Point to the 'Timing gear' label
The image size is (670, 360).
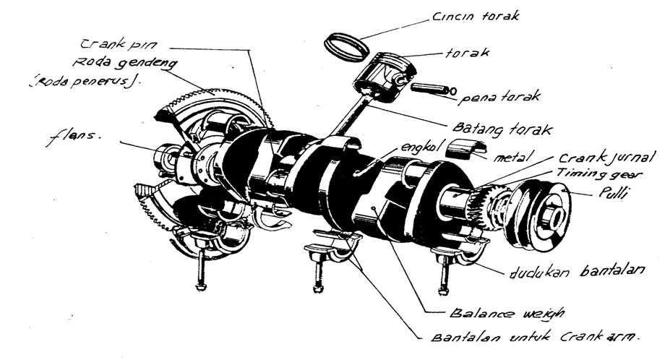coord(598,174)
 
